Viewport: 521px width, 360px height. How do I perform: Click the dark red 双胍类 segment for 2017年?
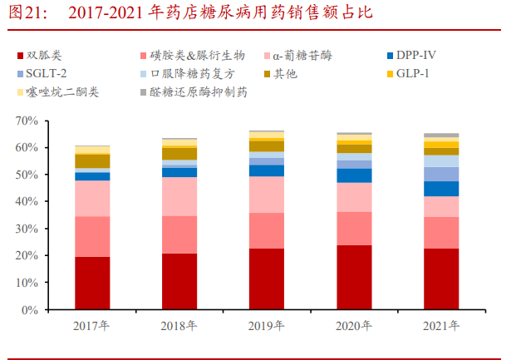[92, 283]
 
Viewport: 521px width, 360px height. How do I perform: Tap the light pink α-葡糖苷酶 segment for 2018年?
[179, 196]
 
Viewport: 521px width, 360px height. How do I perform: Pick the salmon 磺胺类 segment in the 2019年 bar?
[266, 230]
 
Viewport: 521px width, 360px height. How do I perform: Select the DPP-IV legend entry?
[415, 56]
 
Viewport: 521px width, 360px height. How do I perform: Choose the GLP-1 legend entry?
[414, 74]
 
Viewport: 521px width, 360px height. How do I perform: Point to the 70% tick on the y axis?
[27, 121]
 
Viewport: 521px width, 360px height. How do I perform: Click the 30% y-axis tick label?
[27, 229]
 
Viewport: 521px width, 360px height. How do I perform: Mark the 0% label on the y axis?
[30, 309]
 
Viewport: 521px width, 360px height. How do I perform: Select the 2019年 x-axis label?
[266, 326]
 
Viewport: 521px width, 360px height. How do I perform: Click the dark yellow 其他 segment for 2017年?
[92, 160]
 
